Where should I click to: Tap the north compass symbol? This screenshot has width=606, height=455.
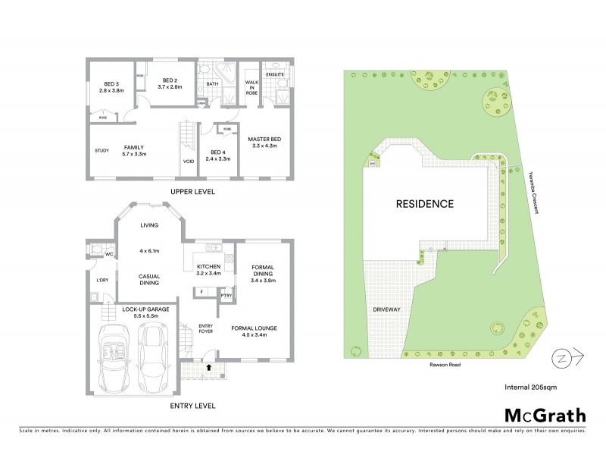(x=567, y=355)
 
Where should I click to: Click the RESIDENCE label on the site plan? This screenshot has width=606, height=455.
(x=424, y=204)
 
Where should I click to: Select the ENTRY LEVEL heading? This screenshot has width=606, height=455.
(x=189, y=406)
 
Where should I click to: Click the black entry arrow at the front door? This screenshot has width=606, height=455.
(x=209, y=366)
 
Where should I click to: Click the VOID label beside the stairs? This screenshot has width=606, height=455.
(x=188, y=162)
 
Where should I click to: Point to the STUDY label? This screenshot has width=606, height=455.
(x=102, y=150)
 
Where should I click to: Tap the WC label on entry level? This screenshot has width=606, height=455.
(x=109, y=255)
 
